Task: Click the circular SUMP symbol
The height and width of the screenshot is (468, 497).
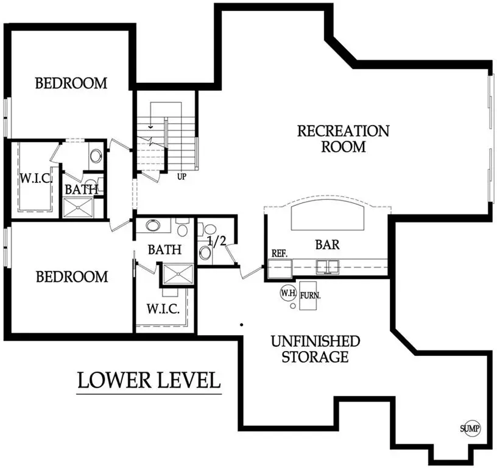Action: click(470, 428)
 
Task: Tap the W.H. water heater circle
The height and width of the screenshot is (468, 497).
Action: click(287, 292)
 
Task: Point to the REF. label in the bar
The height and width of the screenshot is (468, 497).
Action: click(280, 252)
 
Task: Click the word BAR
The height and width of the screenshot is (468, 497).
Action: click(327, 246)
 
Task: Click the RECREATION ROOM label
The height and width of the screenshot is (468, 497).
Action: click(343, 138)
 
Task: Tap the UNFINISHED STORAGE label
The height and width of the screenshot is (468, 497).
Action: click(315, 349)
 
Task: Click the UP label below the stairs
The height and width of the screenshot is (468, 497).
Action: click(182, 177)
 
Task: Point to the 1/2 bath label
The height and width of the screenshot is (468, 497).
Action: click(217, 240)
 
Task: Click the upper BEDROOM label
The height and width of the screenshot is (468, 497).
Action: click(71, 83)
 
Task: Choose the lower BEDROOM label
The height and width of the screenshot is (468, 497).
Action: click(71, 277)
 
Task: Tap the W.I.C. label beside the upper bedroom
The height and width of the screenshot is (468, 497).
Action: click(35, 179)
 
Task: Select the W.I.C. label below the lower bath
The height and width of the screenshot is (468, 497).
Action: click(163, 309)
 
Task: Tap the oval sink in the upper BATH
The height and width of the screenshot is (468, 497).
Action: click(96, 155)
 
